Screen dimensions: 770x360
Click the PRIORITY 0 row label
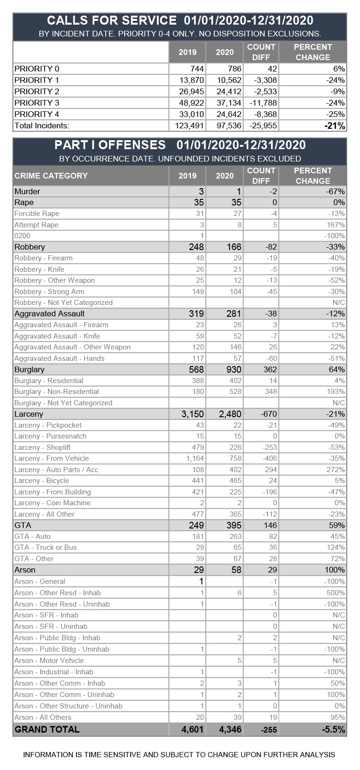[37, 69]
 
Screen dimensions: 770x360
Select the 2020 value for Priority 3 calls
[230, 103]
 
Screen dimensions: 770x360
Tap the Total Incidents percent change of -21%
[334, 125]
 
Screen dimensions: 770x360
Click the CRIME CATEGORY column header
[51, 176]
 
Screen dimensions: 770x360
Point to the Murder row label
[27, 191]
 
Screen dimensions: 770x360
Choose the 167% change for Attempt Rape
[336, 225]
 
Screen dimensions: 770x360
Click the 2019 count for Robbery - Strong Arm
[198, 292]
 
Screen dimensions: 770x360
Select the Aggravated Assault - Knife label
[57, 336]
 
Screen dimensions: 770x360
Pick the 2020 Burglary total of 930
[234, 369]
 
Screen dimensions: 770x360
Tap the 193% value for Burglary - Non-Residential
[336, 392]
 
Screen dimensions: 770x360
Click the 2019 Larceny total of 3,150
[192, 414]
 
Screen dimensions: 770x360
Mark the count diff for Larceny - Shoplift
[268, 448]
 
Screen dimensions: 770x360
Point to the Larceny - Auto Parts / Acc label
[56, 470]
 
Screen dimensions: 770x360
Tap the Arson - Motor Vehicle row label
[49, 661]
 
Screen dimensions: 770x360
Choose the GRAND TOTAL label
[47, 729]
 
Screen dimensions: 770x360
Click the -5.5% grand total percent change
[333, 729]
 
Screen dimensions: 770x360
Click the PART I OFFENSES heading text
[110, 145]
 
